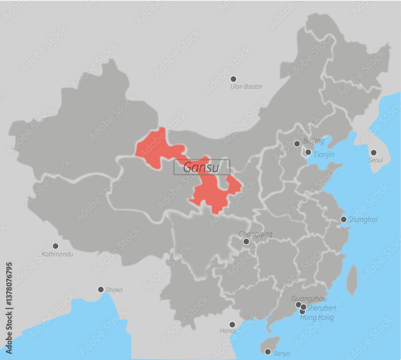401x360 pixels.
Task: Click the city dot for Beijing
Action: point(297,144)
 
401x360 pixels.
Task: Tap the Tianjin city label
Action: point(324,154)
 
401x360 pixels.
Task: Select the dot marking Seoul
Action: point(374,152)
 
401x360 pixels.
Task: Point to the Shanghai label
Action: point(363,220)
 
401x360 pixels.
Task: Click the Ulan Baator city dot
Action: point(233,79)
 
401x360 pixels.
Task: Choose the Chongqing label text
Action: point(255,234)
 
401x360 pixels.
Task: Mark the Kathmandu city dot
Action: point(55,246)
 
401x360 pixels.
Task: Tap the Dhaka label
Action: point(114,290)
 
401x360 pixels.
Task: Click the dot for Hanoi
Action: point(232,324)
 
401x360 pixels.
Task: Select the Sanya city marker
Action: point(267,352)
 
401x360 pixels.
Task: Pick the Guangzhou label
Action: point(309,299)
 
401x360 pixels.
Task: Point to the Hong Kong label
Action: point(317,318)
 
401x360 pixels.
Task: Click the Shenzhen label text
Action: point(321,308)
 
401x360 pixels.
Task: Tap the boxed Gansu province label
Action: point(201,167)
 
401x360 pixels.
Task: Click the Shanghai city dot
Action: point(344,219)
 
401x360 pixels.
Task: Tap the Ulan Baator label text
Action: point(246,87)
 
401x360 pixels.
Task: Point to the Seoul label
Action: point(376,160)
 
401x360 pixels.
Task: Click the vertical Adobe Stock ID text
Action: point(9,308)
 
